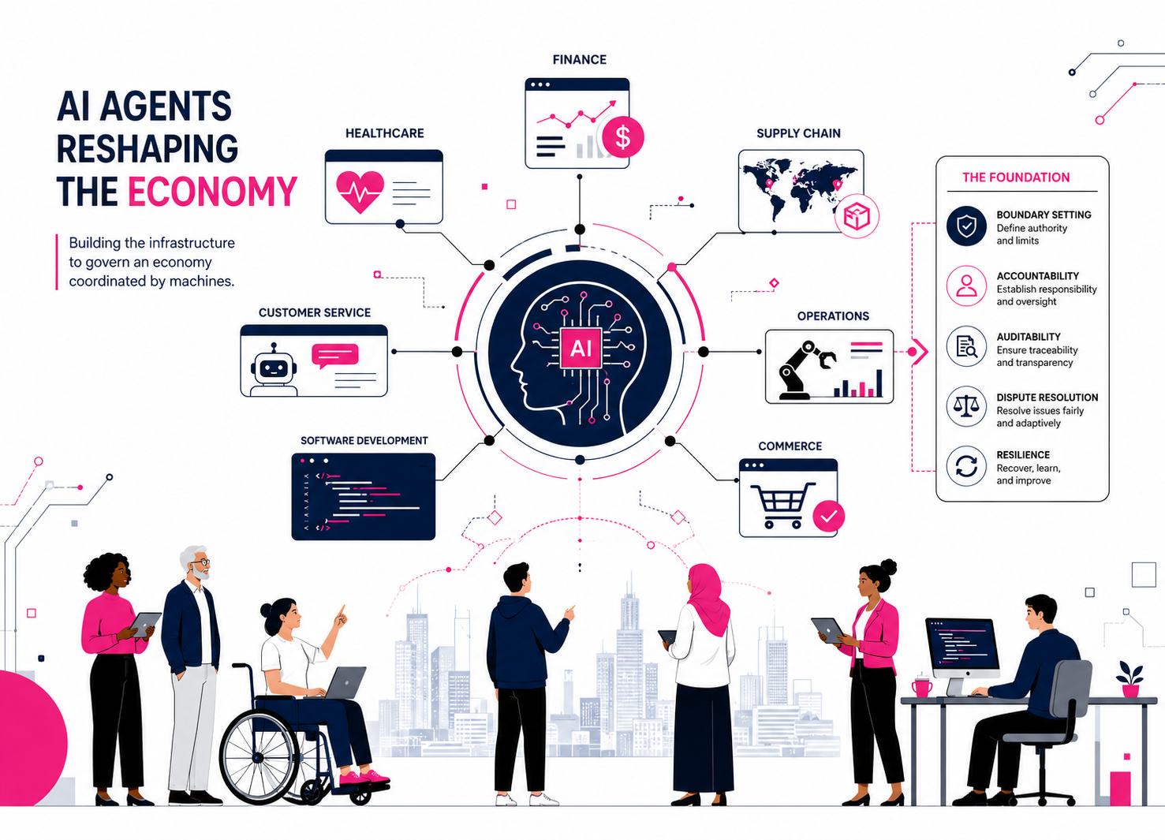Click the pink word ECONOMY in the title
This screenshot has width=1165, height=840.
click(x=212, y=192)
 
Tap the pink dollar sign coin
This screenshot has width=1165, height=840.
click(x=622, y=137)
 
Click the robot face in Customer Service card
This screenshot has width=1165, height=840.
click(x=274, y=368)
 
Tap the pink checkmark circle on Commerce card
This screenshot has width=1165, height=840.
click(x=828, y=516)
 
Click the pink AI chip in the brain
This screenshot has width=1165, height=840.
click(x=581, y=348)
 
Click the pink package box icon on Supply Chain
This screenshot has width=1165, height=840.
click(x=857, y=216)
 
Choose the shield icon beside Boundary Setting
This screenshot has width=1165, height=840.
click(x=966, y=226)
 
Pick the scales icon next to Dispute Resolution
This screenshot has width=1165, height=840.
click(x=966, y=406)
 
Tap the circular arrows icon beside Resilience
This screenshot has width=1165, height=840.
click(x=966, y=466)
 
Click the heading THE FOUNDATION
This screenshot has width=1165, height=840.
click(x=1016, y=177)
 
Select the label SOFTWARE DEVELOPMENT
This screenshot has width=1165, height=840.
click(x=364, y=441)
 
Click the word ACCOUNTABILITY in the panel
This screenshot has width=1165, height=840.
click(x=1037, y=276)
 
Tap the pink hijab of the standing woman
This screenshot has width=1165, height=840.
click(x=706, y=598)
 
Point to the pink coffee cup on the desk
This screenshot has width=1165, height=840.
click(x=922, y=686)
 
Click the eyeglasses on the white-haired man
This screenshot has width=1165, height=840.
click(x=201, y=562)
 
